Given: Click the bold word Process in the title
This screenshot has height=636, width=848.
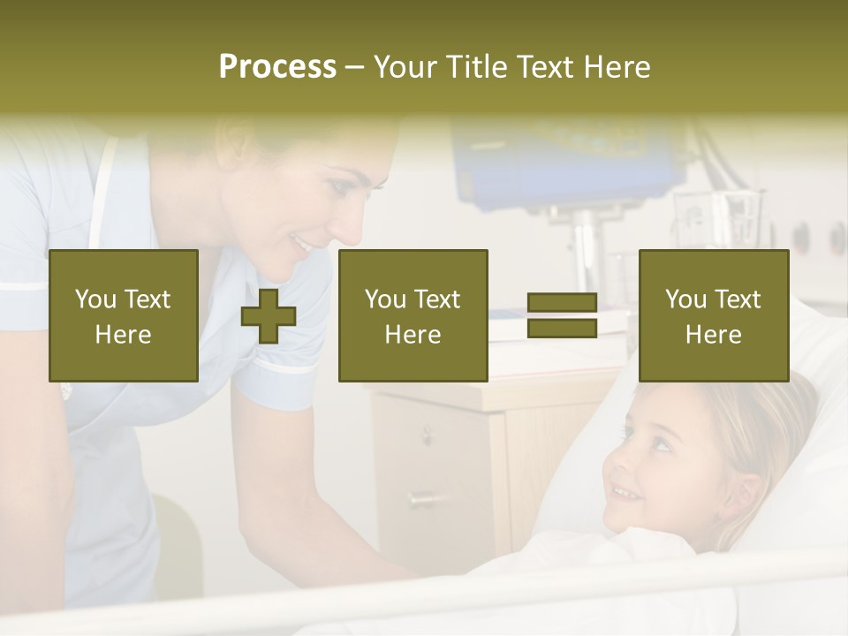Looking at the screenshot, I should [277, 67].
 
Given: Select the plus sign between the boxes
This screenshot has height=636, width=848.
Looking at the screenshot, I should [269, 316].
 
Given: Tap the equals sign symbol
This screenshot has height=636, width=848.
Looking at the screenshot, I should [562, 316].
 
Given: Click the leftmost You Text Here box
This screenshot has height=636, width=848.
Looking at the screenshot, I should [124, 316].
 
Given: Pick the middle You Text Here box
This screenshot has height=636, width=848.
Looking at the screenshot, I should [413, 316].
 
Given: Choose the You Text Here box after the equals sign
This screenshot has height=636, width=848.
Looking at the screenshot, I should [714, 316].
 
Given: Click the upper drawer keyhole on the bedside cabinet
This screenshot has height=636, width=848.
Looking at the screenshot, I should [427, 435].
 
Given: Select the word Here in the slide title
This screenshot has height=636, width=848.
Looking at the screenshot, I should [618, 67].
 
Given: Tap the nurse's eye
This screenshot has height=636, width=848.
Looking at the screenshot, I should [340, 188].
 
